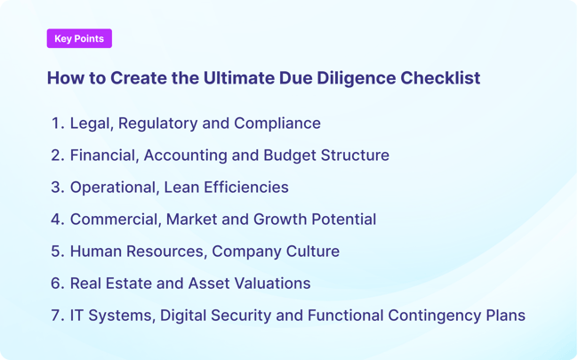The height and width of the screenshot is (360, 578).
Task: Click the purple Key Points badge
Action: click(79, 38)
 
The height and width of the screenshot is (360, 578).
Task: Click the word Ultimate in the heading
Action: click(234, 78)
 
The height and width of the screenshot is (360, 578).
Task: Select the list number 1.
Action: click(57, 124)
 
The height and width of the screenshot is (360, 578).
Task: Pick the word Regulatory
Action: click(157, 124)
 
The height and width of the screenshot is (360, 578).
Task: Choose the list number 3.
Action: click(57, 188)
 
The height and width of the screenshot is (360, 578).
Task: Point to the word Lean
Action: click(183, 188)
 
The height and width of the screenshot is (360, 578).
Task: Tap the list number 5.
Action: click(57, 252)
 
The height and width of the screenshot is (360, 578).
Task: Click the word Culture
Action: click(310, 252)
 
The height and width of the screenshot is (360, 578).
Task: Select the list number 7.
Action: click(57, 316)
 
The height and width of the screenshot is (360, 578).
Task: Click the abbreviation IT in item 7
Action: click(78, 316)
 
